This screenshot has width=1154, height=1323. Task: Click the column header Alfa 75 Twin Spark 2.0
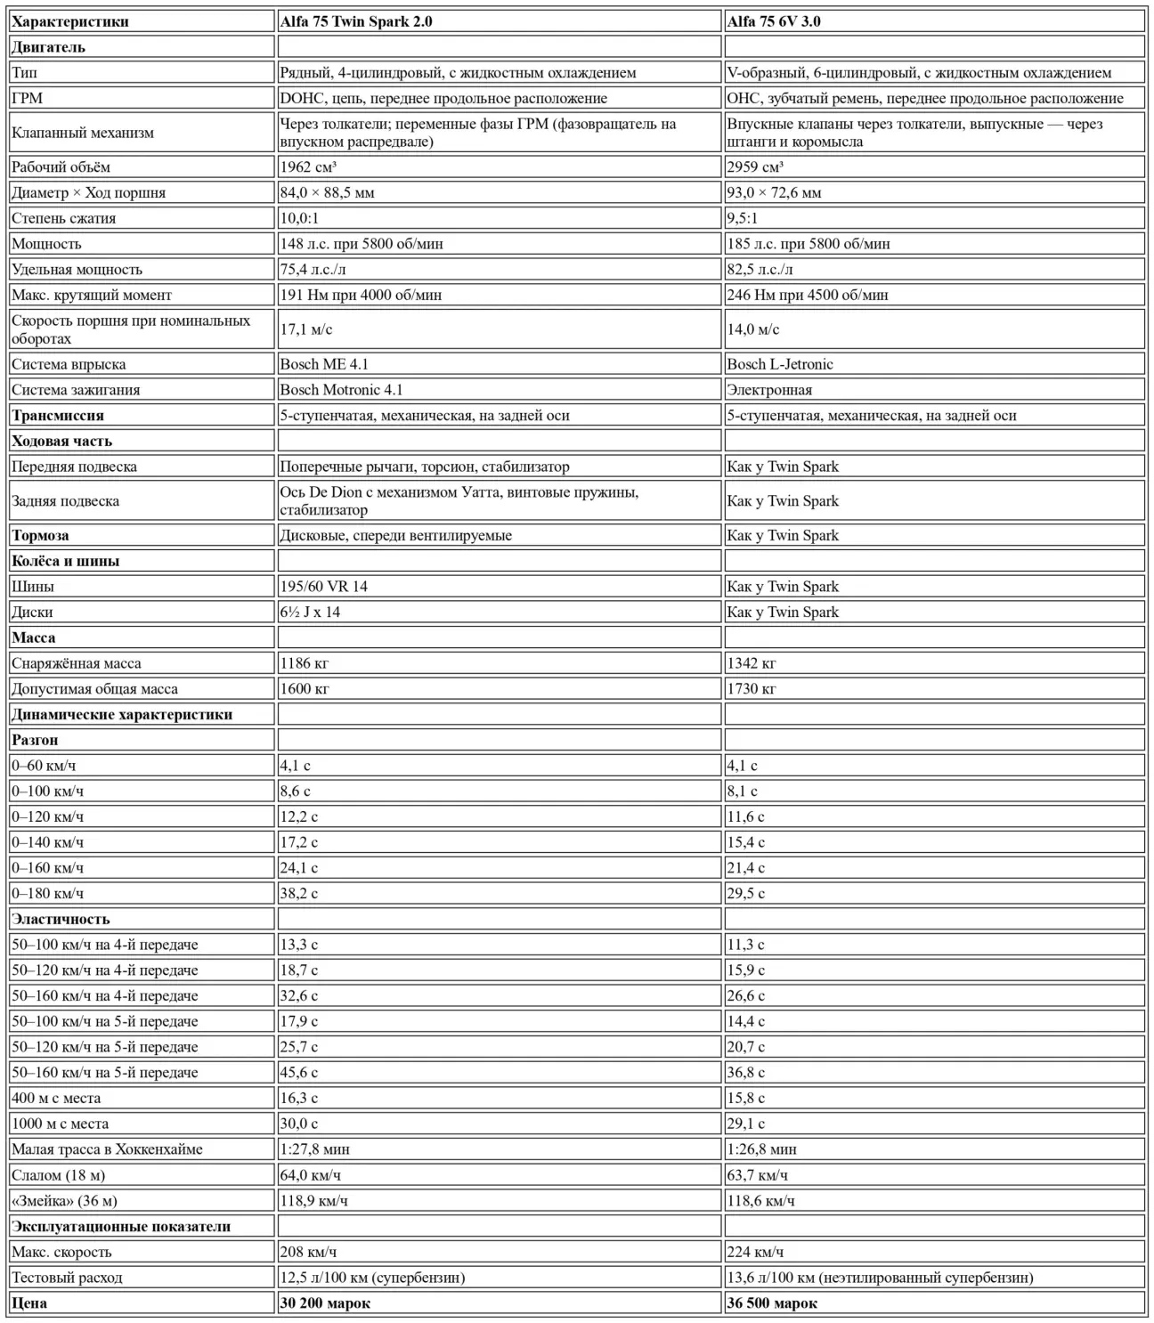356,21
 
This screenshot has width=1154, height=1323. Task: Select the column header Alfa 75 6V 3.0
774,21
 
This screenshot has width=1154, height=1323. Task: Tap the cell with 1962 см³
308,166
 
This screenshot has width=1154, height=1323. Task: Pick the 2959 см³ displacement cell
755,166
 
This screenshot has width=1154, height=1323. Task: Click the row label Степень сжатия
64,218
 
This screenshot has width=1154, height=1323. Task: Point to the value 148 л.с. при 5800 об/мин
362,244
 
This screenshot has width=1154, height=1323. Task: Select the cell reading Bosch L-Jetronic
780,364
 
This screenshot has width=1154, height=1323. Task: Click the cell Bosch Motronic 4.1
341,390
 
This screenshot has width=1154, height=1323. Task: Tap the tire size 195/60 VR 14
323,587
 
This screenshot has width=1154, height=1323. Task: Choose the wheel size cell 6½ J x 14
310,613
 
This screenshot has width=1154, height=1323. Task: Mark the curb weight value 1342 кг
752,663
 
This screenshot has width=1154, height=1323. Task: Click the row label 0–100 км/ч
48,791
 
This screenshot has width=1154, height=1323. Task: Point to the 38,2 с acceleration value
299,894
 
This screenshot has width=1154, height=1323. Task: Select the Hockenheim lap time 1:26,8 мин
762,1149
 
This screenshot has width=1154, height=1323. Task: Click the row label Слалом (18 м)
59,1175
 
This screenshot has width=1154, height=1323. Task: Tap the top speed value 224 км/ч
755,1252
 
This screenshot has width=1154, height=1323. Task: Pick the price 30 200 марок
325,1303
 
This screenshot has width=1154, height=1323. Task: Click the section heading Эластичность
61,919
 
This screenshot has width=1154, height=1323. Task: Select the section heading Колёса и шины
66,561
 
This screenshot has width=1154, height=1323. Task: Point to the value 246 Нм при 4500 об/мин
808,295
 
